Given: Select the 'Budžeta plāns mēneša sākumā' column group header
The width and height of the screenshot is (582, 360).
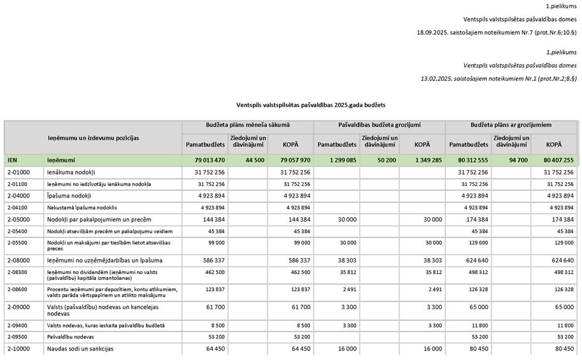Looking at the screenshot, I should pyautogui.click(x=247, y=126).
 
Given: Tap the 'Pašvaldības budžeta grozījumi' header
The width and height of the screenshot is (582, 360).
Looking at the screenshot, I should pyautogui.click(x=379, y=126).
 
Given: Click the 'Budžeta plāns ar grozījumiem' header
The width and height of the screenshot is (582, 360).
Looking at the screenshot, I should pyautogui.click(x=511, y=126).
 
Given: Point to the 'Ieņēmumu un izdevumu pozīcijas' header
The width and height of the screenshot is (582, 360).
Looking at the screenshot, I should pyautogui.click(x=93, y=138).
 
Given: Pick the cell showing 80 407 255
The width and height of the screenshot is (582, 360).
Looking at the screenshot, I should pyautogui.click(x=555, y=161).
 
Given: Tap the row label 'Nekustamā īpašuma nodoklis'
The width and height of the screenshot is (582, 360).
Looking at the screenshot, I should pyautogui.click(x=82, y=208).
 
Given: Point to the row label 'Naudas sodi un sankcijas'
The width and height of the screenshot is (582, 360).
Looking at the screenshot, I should pyautogui.click(x=80, y=349).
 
